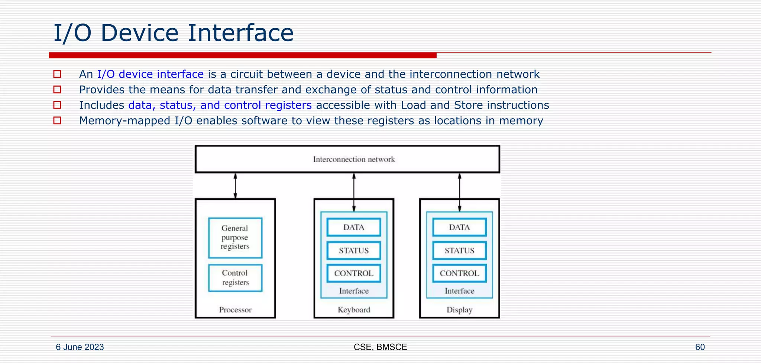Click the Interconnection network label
[x=354, y=160]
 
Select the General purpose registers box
[x=235, y=238]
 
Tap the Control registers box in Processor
[x=235, y=278]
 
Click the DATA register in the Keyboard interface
[x=354, y=227]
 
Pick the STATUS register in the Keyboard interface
[x=354, y=251]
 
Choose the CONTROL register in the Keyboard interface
[x=354, y=273]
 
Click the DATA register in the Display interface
[x=459, y=227]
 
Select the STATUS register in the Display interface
[x=459, y=251]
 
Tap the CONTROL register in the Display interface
[x=459, y=273]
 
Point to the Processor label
[x=235, y=310]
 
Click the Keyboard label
[x=354, y=310]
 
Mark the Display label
[x=459, y=310]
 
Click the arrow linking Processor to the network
[x=235, y=186]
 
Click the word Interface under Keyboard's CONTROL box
[x=354, y=291]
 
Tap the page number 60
[x=700, y=347]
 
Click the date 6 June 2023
[x=80, y=347]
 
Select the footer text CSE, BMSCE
[x=380, y=347]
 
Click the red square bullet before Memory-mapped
[x=57, y=121]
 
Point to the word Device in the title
[x=140, y=33]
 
